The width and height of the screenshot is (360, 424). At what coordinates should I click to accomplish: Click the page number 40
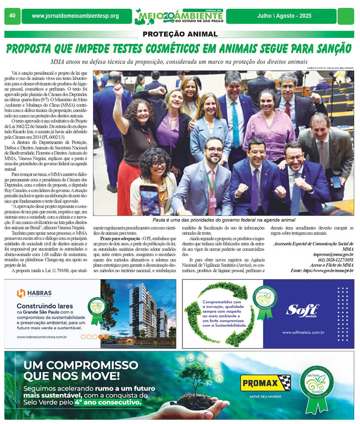point(11,16)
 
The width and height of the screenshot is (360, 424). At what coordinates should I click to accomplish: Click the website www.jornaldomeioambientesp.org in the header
point(75,16)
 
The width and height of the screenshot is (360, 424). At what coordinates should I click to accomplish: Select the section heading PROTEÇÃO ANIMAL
point(180,34)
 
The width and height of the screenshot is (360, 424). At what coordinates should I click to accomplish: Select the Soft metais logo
point(303,310)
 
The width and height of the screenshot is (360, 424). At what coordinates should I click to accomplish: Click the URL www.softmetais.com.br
point(303,332)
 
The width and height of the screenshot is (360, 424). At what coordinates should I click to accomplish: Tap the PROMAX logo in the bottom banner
point(265,383)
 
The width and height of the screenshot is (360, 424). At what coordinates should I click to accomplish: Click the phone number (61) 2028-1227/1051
point(332,259)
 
